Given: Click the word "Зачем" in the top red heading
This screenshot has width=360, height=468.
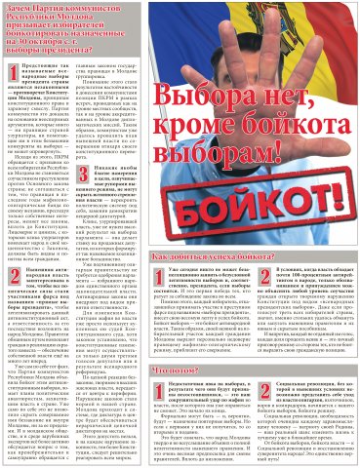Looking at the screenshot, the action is coord(18,8).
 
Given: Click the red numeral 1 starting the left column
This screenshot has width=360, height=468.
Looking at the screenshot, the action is coord(12,65).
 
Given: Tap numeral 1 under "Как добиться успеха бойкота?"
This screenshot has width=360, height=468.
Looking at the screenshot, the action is coord(186,277).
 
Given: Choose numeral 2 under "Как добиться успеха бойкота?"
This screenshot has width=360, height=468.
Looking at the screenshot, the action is coord(274,277).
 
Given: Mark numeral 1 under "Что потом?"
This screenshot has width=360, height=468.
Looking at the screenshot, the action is coord(186,391).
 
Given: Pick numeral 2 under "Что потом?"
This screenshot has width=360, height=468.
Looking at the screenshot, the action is coord(274,391).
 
